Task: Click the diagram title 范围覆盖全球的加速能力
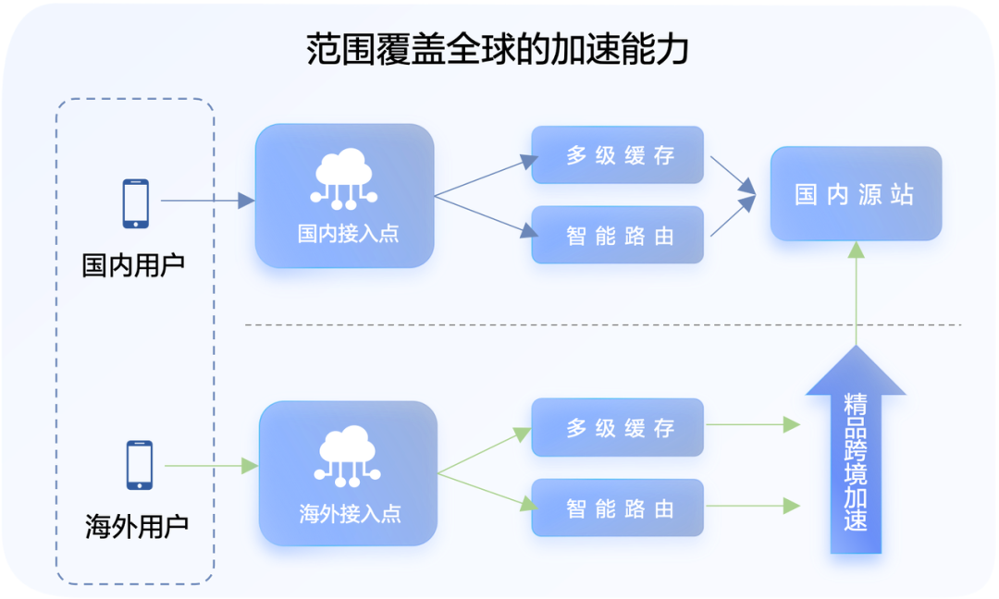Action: tap(497, 49)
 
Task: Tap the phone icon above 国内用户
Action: tap(136, 203)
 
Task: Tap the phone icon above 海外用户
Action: tap(140, 465)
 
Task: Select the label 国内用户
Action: tap(133, 264)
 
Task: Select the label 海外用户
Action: tap(137, 527)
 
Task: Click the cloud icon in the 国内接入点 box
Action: tap(344, 179)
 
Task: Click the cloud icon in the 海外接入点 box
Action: tap(348, 457)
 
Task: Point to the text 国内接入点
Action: tap(348, 234)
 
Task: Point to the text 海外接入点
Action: tap(350, 514)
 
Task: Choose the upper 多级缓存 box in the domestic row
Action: tap(617, 154)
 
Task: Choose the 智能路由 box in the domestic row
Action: tap(617, 235)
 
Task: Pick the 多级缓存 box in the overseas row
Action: tap(617, 428)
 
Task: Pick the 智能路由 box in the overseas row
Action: tap(617, 508)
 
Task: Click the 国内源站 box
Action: tap(857, 194)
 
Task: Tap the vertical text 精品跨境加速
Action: tap(856, 463)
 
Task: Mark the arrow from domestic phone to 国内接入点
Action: tap(208, 201)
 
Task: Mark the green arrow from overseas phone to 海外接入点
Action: tap(212, 466)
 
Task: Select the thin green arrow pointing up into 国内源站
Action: tap(857, 294)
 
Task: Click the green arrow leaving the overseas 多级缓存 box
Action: tap(753, 424)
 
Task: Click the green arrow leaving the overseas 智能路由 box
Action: tap(753, 506)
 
